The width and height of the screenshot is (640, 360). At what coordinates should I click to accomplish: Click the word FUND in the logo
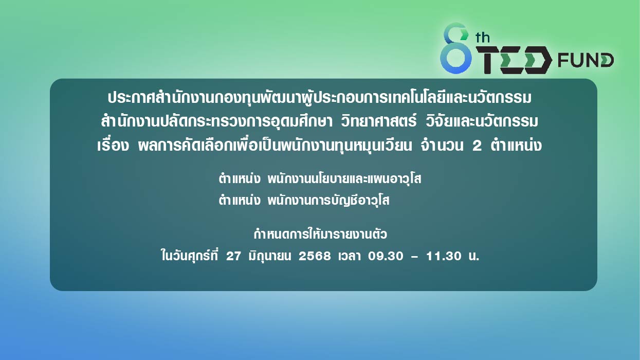tap(586, 60)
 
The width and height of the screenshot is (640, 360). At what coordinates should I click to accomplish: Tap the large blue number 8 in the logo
tap(455, 48)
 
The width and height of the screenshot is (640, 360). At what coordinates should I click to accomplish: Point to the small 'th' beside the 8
tap(483, 38)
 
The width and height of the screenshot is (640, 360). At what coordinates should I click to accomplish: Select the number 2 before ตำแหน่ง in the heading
tap(477, 146)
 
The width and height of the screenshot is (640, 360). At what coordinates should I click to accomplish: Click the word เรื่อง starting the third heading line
tap(113, 145)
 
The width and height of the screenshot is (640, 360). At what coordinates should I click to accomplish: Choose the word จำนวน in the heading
tap(442, 145)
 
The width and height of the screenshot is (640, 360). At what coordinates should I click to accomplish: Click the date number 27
tap(233, 256)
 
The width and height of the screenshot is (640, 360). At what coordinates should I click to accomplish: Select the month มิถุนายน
tap(270, 256)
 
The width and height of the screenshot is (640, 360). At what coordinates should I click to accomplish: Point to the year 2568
tap(315, 256)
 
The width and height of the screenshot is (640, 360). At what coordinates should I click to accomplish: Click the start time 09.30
tap(386, 256)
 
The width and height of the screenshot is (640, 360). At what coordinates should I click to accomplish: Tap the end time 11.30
tap(444, 256)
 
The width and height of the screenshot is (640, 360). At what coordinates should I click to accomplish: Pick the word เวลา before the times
tap(349, 256)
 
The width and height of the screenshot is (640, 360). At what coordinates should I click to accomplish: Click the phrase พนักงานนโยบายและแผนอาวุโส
tap(344, 178)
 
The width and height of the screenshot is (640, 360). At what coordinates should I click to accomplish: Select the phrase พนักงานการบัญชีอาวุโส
tap(328, 200)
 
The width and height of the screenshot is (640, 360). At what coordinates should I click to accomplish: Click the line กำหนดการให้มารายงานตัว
tap(320, 234)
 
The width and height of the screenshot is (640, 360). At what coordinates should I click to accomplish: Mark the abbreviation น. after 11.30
tap(474, 256)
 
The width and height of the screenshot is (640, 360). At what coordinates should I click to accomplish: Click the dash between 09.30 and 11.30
tap(414, 257)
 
